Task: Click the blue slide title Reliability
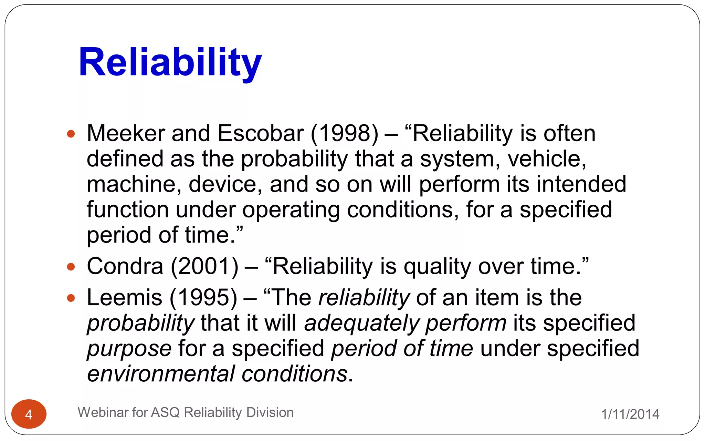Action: pos(170,63)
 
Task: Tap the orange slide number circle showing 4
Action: pos(29,414)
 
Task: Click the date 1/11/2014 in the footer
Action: pos(630,414)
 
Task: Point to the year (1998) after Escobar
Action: pos(345,133)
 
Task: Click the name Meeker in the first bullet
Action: pos(126,133)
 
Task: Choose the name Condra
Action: pos(125,266)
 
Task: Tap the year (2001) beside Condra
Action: pos(204,266)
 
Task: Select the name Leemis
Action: pos(124,298)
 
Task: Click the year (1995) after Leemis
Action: pos(203,298)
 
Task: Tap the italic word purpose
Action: pos(129,349)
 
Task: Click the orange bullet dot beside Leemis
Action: pos(71,298)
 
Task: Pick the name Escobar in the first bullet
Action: pos(261,133)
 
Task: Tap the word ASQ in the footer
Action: pos(165,412)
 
